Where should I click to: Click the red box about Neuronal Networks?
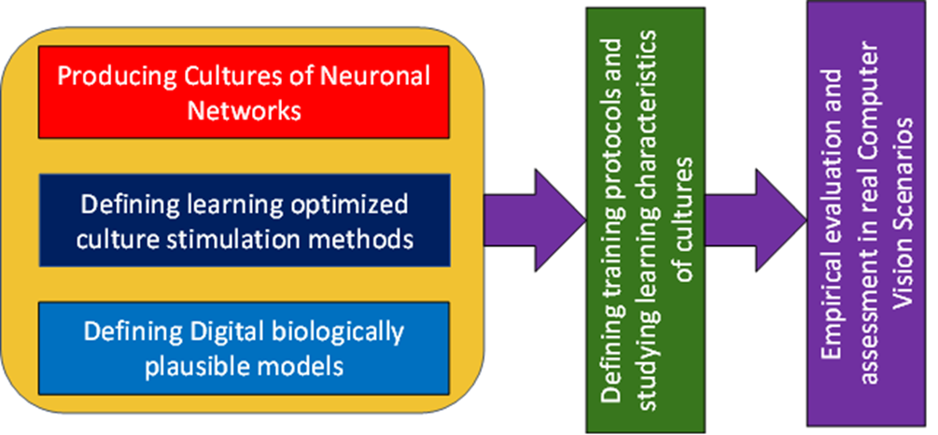[x=244, y=94]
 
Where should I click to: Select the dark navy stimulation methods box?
[x=244, y=220]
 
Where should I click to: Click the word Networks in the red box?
[x=244, y=111]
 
